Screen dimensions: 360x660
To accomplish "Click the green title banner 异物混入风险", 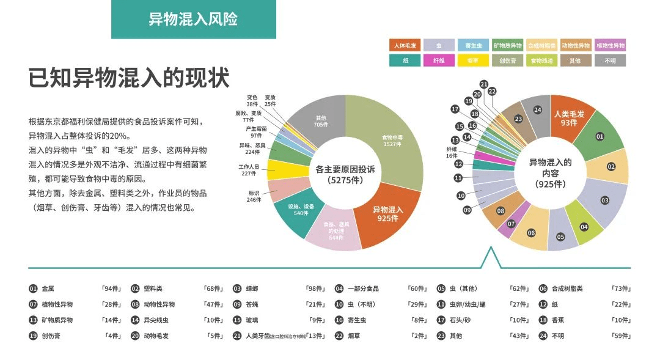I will coord(193,19).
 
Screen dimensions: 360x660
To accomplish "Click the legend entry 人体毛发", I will coord(405,45).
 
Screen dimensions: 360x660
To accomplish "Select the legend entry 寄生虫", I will coord(474,45).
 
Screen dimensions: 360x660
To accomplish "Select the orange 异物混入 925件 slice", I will coord(388,214).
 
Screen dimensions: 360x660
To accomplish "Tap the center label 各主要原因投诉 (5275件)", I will coord(345,174).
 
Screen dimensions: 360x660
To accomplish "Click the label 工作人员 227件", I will coord(249,170).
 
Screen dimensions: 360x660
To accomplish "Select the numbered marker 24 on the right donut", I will coord(537,110).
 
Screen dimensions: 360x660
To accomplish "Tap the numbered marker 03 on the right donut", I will coord(605,200).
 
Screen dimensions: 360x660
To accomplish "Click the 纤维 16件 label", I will coord(452,152).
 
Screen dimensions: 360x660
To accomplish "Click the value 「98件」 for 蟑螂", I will coord(315,288).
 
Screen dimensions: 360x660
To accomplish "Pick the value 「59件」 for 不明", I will coord(621,336).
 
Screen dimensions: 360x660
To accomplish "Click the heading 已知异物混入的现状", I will coord(129,79).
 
